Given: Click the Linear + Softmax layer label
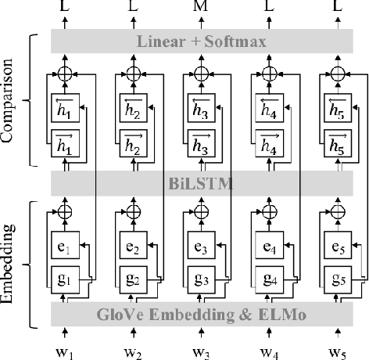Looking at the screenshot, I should (x=200, y=40).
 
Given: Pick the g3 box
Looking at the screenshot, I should (x=200, y=280).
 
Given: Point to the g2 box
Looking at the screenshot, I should (x=133, y=280).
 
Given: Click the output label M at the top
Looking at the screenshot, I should (x=201, y=7).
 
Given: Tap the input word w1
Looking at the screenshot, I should (x=66, y=348).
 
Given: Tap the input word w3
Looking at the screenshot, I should (x=201, y=348).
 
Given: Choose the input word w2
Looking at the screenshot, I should (x=134, y=348).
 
